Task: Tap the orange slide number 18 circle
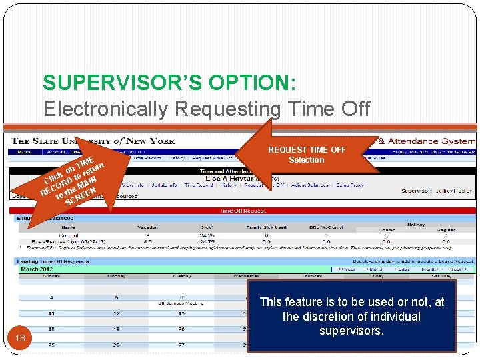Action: pyautogui.click(x=20, y=338)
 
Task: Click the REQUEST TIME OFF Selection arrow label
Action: pyautogui.click(x=306, y=155)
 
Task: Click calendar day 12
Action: pyautogui.click(x=116, y=313)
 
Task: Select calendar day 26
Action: pyautogui.click(x=116, y=345)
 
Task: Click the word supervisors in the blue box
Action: pyautogui.click(x=351, y=330)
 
